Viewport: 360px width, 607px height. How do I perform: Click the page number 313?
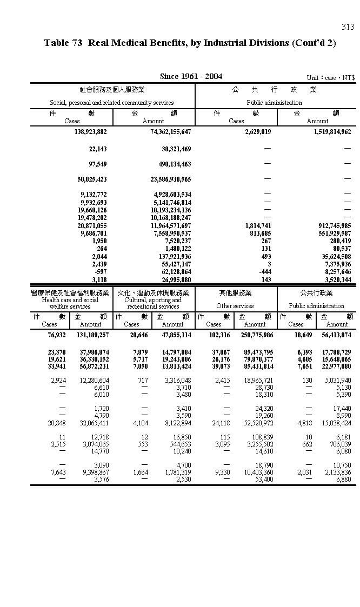coord(348,27)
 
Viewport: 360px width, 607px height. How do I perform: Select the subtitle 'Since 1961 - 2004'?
coord(191,76)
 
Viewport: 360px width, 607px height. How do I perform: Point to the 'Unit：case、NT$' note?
coord(330,78)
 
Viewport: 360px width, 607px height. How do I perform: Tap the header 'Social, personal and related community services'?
coord(112,102)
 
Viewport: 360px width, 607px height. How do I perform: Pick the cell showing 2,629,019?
coord(258,131)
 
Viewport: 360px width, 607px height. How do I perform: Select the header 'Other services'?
coord(235,306)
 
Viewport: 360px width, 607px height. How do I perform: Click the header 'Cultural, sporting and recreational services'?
coord(153,303)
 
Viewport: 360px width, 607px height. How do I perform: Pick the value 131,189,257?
coord(92,335)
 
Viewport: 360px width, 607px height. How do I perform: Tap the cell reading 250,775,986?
coord(257,335)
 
